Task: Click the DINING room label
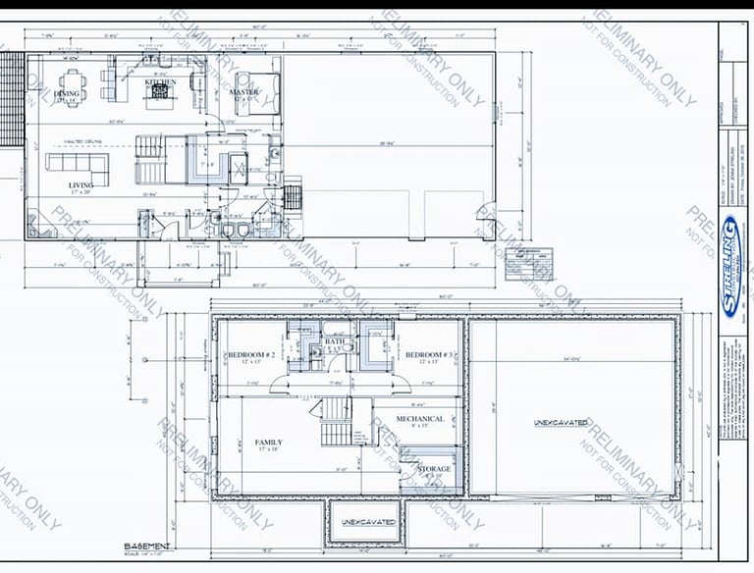click(67, 94)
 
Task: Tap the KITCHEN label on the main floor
click(161, 82)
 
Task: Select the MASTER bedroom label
click(243, 92)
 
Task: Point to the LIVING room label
click(81, 184)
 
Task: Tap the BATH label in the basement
click(335, 342)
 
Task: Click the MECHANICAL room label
click(420, 419)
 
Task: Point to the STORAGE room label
click(434, 469)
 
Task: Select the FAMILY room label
click(268, 443)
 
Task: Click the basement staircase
click(335, 422)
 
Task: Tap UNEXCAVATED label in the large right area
click(561, 423)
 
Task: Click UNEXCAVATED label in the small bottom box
click(368, 522)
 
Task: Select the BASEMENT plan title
click(147, 546)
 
